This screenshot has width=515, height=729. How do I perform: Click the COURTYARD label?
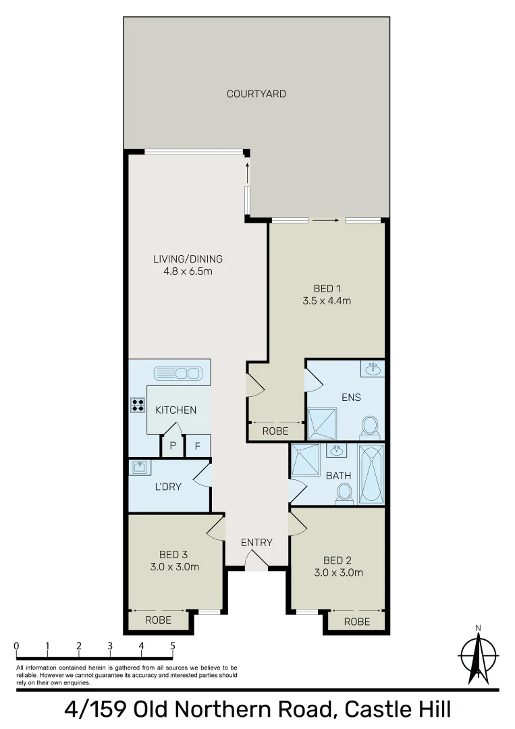pyautogui.click(x=256, y=94)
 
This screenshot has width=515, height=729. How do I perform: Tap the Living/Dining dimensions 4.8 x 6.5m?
pyautogui.click(x=188, y=271)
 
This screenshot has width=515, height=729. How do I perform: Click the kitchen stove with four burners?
pyautogui.click(x=138, y=404)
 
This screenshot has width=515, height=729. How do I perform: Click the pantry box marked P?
pyautogui.click(x=173, y=446)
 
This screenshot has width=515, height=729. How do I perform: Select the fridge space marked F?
pyautogui.click(x=198, y=446)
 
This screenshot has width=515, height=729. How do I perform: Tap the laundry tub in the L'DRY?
pyautogui.click(x=140, y=467)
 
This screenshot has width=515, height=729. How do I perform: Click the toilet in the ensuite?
pyautogui.click(x=369, y=426)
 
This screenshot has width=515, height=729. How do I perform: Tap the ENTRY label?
pyautogui.click(x=256, y=542)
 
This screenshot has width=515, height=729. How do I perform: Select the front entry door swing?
pyautogui.click(x=256, y=560)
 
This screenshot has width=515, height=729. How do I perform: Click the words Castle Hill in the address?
pyautogui.click(x=398, y=711)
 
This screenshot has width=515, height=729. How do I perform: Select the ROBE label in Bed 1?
pyautogui.click(x=275, y=431)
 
